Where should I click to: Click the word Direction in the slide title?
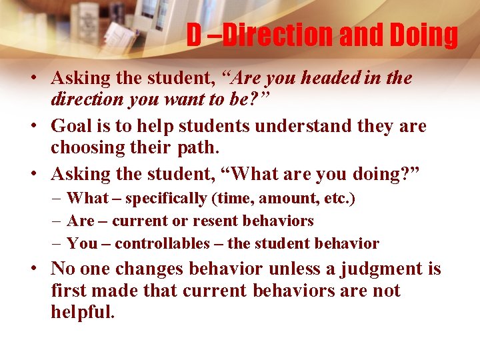[278, 35]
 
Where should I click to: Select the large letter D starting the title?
[194, 35]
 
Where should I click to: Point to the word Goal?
[72, 126]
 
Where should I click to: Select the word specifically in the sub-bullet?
[166, 198]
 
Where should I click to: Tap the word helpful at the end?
[83, 312]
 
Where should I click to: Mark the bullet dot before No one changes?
[32, 269]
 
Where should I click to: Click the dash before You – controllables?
[57, 243]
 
